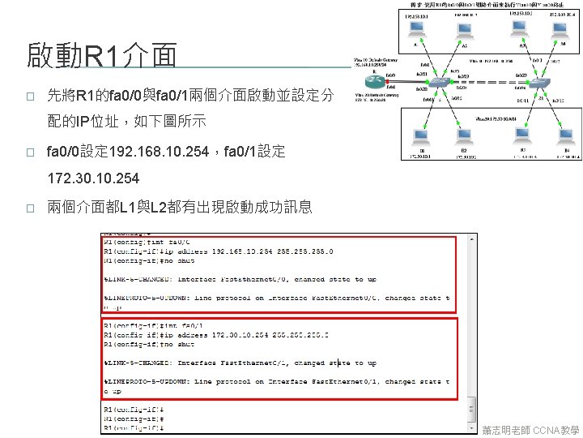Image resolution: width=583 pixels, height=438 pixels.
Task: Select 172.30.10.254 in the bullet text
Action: point(93,178)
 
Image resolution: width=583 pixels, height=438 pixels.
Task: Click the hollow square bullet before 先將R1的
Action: point(29,97)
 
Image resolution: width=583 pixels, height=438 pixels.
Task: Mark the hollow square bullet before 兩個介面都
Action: point(29,207)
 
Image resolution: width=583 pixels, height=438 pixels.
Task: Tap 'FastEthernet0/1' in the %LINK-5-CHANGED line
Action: point(253,363)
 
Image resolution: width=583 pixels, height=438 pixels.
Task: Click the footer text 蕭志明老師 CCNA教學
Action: point(530,428)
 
